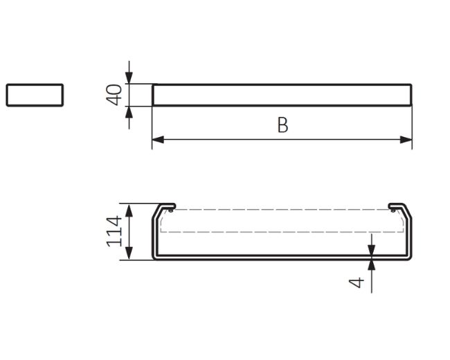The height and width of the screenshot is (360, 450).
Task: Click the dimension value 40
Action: click(x=114, y=95)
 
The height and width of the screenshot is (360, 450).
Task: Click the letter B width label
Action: click(x=282, y=125)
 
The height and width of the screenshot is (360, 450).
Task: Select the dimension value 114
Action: click(x=114, y=231)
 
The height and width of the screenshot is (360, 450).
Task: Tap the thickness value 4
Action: click(x=356, y=282)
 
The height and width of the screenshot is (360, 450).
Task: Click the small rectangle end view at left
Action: click(x=35, y=95)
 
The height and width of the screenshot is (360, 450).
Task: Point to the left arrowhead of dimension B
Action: click(x=158, y=140)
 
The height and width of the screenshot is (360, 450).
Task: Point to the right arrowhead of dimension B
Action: click(x=406, y=140)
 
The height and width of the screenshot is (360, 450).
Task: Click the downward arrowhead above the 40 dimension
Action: click(x=129, y=78)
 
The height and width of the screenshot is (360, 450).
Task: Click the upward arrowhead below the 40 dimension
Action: click(x=129, y=112)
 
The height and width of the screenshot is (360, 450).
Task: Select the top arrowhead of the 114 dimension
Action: click(x=129, y=210)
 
